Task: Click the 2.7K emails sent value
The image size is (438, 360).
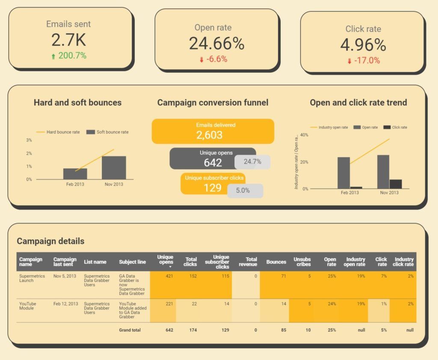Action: coord(68,40)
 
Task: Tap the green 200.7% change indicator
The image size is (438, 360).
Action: coord(69,56)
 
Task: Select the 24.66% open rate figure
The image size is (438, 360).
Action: coord(216,43)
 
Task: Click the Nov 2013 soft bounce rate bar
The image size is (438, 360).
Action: coord(114,167)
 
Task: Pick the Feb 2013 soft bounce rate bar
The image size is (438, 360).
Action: coord(75,173)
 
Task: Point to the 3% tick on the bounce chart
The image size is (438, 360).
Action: coord(29,140)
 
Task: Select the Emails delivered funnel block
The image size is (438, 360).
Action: coord(213,131)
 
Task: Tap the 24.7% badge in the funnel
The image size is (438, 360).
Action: coord(252,162)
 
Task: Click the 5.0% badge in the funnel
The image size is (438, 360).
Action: coord(245,190)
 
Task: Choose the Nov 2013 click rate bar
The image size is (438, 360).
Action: coord(396,184)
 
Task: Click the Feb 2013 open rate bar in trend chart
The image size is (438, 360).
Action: coord(343,173)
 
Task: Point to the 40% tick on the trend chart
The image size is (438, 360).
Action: coord(304,135)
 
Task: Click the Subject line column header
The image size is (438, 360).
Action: coord(132,262)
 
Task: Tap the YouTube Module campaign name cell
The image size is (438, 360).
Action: coord(28,306)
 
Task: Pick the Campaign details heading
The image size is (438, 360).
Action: coord(50,241)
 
